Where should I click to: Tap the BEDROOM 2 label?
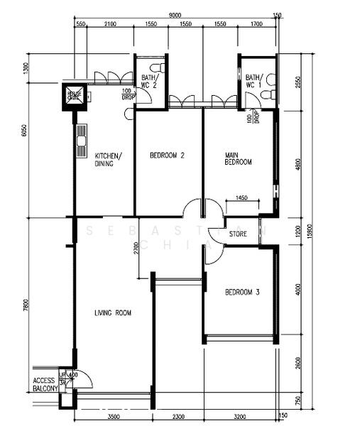(168, 155)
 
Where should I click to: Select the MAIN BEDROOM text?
(238, 158)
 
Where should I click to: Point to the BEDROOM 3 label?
(243, 292)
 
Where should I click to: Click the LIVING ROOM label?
(113, 312)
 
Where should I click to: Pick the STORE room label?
(239, 231)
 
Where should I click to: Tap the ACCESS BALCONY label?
(44, 385)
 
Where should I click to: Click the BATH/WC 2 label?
(149, 81)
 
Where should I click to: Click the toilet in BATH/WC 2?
(161, 67)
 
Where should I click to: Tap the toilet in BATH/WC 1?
(271, 77)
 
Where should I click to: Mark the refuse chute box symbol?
(75, 97)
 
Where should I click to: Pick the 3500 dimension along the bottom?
(113, 417)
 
